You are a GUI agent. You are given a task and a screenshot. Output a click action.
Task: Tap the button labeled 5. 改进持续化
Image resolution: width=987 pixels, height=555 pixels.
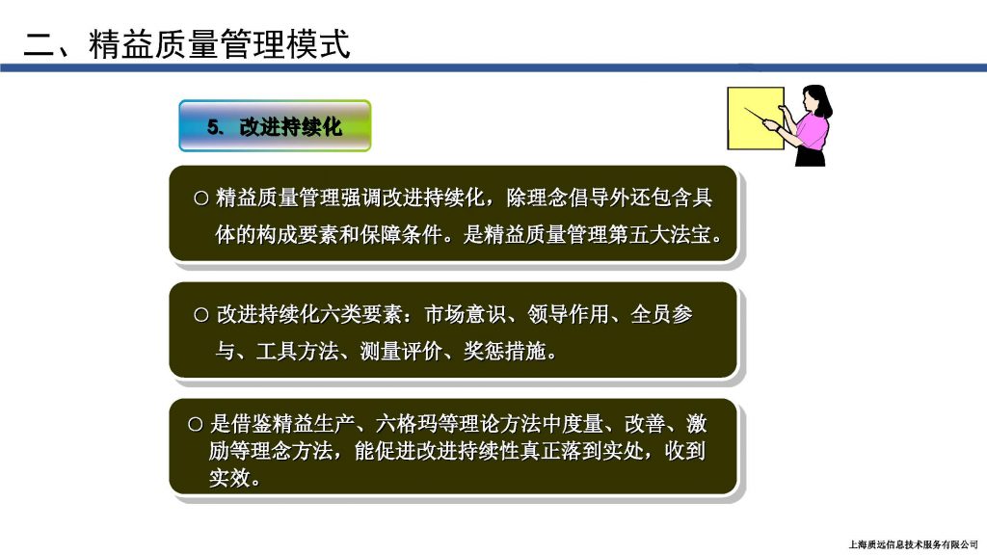[275, 126]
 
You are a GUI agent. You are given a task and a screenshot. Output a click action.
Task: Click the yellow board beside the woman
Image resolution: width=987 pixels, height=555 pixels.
[755, 119]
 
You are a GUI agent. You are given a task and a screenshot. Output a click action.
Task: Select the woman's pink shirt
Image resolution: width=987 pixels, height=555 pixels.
[813, 130]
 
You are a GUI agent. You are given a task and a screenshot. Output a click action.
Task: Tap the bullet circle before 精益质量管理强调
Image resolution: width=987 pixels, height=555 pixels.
[200, 198]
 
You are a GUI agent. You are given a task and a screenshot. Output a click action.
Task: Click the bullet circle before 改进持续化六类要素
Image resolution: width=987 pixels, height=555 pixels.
[200, 315]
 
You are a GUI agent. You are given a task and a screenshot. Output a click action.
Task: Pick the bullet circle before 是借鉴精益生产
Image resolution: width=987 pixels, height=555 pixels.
[195, 425]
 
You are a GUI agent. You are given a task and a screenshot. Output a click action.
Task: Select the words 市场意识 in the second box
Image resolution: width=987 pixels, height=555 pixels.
[466, 314]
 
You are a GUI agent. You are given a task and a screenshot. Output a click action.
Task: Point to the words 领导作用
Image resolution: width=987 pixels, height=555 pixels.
[569, 314]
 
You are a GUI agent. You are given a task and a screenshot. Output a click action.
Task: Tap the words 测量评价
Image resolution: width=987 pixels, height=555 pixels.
[400, 351]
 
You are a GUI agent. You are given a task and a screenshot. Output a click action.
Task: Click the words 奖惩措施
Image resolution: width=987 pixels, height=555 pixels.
[504, 351]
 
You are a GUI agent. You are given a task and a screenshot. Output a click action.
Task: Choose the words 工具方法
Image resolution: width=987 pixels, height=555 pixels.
[297, 351]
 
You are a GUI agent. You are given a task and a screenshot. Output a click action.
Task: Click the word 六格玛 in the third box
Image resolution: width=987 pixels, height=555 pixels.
[406, 424]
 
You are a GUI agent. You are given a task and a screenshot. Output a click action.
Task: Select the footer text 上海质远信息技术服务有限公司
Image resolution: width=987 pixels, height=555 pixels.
[914, 545]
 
